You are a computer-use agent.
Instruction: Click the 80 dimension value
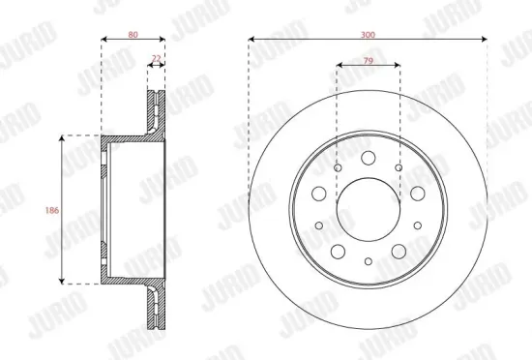pyautogui.click(x=133, y=34)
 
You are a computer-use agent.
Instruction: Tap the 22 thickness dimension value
pyautogui.click(x=157, y=60)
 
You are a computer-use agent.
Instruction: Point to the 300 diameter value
pyautogui.click(x=368, y=34)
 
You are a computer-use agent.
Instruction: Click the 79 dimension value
pyautogui.click(x=368, y=60)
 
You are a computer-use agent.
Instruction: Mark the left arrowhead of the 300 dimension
pyautogui.click(x=251, y=40)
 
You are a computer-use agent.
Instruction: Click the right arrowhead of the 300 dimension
pyautogui.click(x=484, y=40)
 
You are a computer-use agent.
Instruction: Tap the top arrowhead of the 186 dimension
pyautogui.click(x=64, y=139)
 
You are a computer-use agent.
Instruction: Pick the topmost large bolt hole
pyautogui.click(x=368, y=158)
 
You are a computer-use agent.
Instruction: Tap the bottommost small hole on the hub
pyautogui.click(x=368, y=261)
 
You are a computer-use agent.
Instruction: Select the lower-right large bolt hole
pyautogui.click(x=398, y=251)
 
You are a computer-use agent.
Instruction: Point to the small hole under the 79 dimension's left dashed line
pyautogui.click(x=337, y=168)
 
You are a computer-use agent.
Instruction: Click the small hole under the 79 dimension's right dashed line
pyautogui.click(x=399, y=168)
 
